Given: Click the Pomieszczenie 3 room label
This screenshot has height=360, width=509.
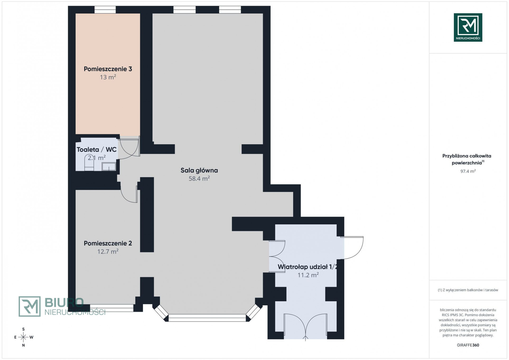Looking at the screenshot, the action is click(108, 69).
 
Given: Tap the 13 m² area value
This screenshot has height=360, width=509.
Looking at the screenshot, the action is click(108, 77).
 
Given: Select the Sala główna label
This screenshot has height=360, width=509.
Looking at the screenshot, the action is click(199, 170).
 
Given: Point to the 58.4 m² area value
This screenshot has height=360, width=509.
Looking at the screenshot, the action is click(199, 178).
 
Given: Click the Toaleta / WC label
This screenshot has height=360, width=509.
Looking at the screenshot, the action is click(96, 149).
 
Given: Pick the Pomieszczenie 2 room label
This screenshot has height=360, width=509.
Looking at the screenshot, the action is click(108, 243).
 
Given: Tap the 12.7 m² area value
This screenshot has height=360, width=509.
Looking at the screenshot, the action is click(108, 251).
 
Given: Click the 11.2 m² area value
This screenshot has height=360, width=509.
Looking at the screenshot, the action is click(308, 275).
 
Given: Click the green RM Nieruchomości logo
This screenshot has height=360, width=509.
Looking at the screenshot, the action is click(468, 27).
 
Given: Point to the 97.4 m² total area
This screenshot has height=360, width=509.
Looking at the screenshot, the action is click(468, 171).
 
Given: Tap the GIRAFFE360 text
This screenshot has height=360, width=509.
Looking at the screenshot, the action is click(468, 345).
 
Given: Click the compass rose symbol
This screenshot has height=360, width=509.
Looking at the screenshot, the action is click(24, 337).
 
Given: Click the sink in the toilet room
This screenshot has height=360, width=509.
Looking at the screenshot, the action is click(109, 167).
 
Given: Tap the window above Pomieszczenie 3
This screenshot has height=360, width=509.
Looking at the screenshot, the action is click(105, 10).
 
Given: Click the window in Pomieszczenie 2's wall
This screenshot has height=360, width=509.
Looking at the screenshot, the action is click(112, 308).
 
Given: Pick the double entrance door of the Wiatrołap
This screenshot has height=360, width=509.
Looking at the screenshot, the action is click(305, 326).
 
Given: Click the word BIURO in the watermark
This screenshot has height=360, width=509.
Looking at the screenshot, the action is click(64, 303).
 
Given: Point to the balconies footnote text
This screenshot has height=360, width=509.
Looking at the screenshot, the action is click(468, 290).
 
